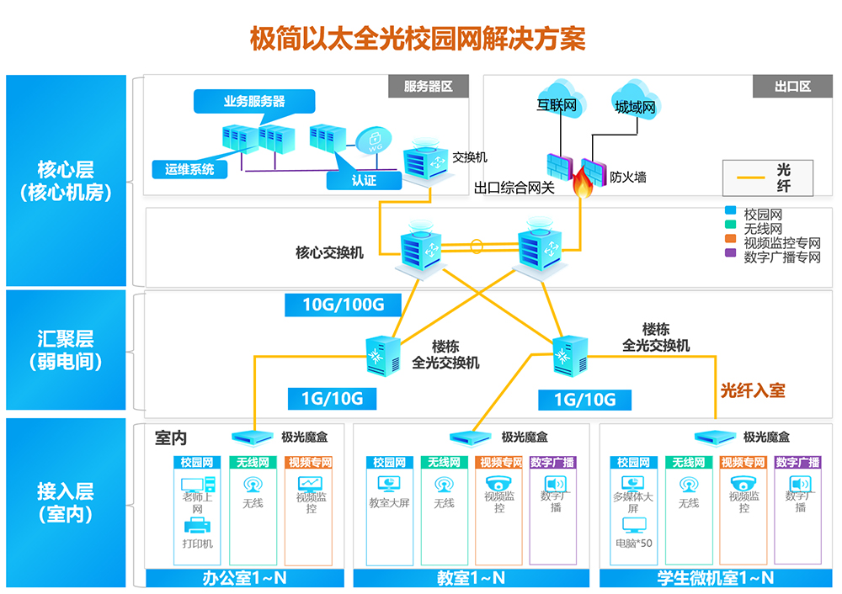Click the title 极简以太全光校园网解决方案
coord(418,38)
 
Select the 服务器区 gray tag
coord(428,87)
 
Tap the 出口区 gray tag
coord(792,87)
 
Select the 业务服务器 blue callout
coord(253,102)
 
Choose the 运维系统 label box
coord(189,169)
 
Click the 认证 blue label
coord(364,181)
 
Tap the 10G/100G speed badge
coord(343,305)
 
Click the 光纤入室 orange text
coord(753,390)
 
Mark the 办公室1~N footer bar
coord(245,578)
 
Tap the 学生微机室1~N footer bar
coord(715,578)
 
